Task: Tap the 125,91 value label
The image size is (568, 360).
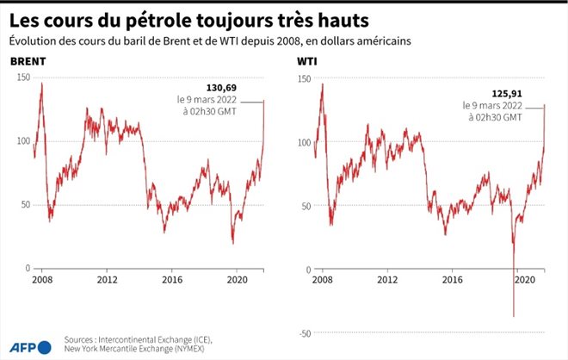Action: coord(505,93)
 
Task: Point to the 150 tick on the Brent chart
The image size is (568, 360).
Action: coord(22,78)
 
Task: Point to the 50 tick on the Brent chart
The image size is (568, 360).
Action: coord(24,204)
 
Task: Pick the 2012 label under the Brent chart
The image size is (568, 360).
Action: coord(107,280)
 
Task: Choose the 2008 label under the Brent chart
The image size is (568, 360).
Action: coord(40,280)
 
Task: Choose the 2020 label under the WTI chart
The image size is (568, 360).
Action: coord(520,280)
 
